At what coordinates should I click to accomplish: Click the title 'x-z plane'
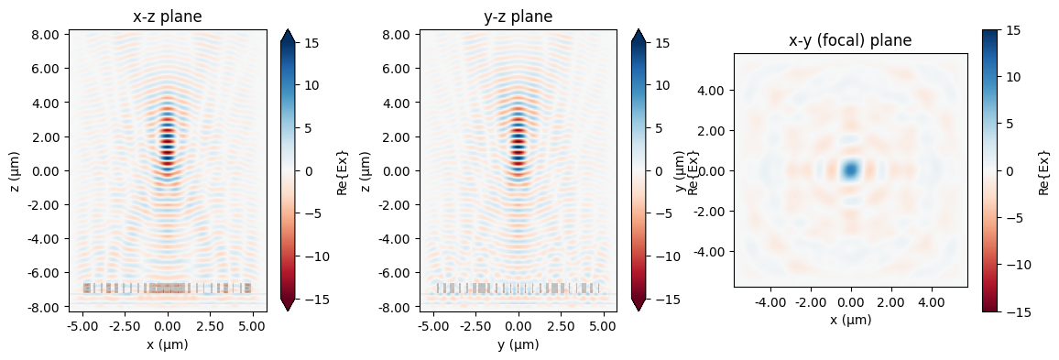coord(167,16)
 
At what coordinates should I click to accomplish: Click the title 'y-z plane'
coord(518,16)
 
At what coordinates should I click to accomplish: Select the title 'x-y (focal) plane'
coord(850,40)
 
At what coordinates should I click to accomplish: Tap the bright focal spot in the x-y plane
coord(851,169)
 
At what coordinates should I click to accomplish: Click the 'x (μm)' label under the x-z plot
coord(167,344)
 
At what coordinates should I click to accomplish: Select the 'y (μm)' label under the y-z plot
coord(518,344)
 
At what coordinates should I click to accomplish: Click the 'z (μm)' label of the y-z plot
coord(367,170)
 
